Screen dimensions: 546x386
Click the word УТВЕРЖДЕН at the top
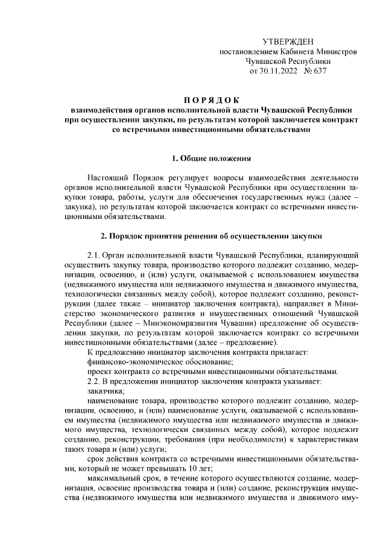pyautogui.click(x=288, y=41)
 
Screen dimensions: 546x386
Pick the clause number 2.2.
pyautogui.click(x=96, y=381)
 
